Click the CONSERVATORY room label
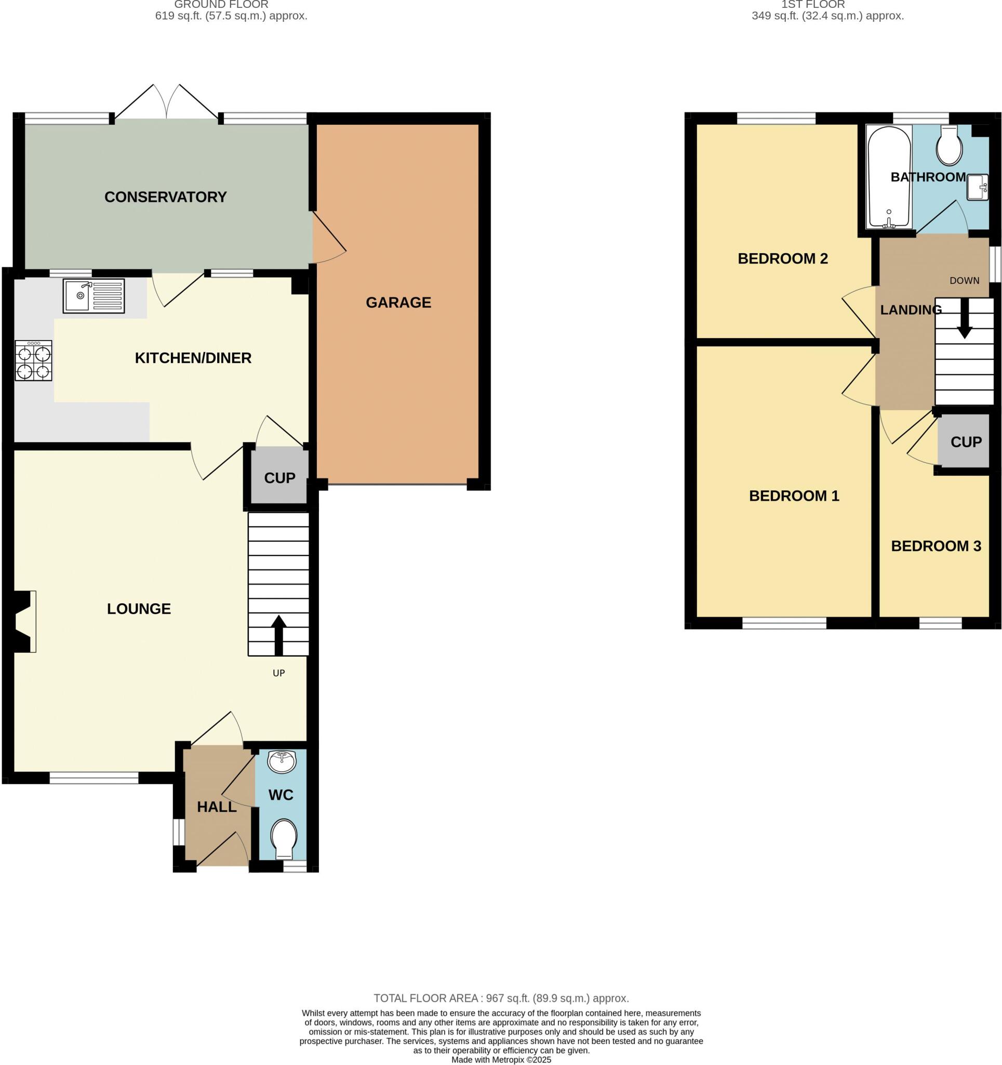(165, 197)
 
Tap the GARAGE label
(398, 303)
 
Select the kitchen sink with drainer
(93, 296)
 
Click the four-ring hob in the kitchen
(34, 360)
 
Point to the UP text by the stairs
(278, 673)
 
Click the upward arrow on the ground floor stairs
(278, 635)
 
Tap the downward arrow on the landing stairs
(965, 318)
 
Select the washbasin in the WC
(281, 761)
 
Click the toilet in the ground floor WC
(283, 838)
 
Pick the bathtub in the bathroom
(889, 177)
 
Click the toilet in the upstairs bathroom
(949, 146)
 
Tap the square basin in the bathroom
(978, 188)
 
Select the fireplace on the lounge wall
(24, 621)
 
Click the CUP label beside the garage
(279, 478)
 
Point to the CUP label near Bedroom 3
(966, 442)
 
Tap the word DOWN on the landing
(964, 281)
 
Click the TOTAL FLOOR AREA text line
(500, 998)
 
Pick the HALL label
(216, 807)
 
